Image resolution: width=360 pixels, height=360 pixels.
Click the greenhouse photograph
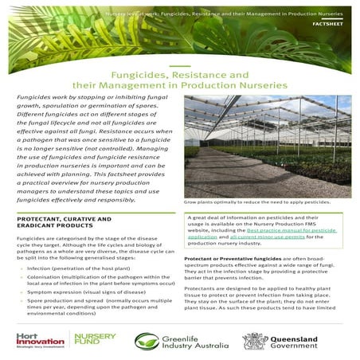(x=268, y=147)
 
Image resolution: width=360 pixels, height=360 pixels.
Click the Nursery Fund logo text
(x=94, y=340)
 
